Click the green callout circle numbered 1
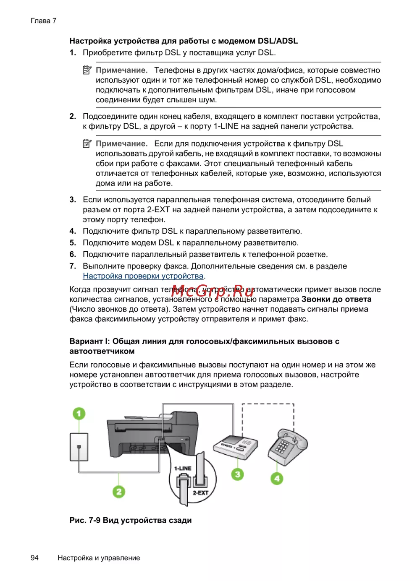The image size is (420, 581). [79, 414]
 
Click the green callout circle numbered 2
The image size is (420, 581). [119, 491]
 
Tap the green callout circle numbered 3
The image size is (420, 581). [237, 474]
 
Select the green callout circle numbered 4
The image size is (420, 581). [276, 478]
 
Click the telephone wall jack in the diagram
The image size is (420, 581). [79, 447]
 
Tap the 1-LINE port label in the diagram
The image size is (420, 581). [183, 468]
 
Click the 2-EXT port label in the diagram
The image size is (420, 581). [200, 492]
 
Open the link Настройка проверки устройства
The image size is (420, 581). [143, 276]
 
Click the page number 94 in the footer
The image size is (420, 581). [34, 558]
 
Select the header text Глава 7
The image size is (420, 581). [43, 21]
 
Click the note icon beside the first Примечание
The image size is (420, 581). [87, 70]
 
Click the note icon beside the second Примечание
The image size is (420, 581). [87, 143]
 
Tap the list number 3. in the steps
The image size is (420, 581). [73, 200]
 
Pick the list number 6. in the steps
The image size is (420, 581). [73, 254]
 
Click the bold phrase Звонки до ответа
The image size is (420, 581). [336, 299]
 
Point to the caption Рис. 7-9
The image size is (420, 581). [84, 520]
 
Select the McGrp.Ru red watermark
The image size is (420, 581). [213, 289]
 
